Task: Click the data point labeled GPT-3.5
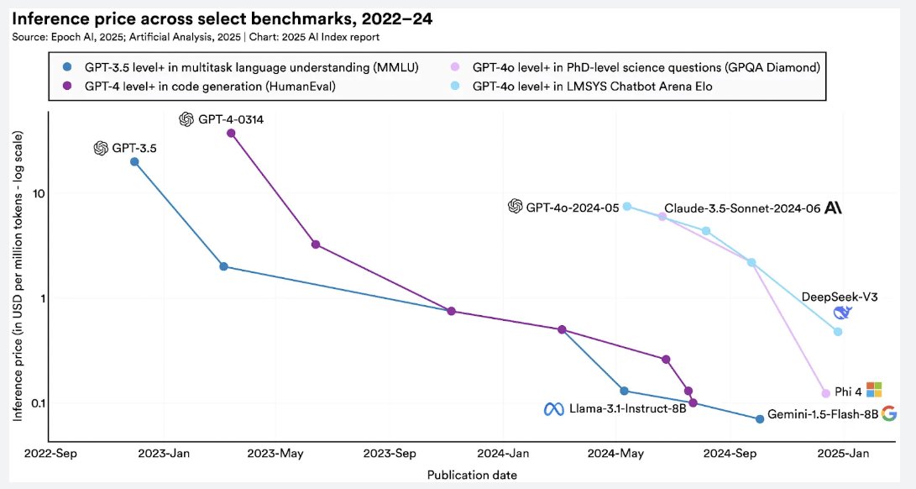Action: coord(134,161)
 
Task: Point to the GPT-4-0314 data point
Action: coord(232,134)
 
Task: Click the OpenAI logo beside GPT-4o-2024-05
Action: coord(516,207)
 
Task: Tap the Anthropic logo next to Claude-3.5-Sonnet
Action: coord(833,208)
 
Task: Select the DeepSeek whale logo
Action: coord(842,313)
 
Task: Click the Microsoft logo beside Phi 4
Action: coord(874,390)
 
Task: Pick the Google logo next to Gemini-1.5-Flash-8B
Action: coord(889,413)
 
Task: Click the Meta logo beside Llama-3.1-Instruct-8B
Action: coord(552,409)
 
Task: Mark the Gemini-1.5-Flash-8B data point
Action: coord(760,418)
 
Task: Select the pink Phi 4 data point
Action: coord(825,393)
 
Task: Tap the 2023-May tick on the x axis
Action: coord(275,455)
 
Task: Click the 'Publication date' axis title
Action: coord(472,475)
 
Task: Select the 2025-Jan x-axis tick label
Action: coord(845,455)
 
